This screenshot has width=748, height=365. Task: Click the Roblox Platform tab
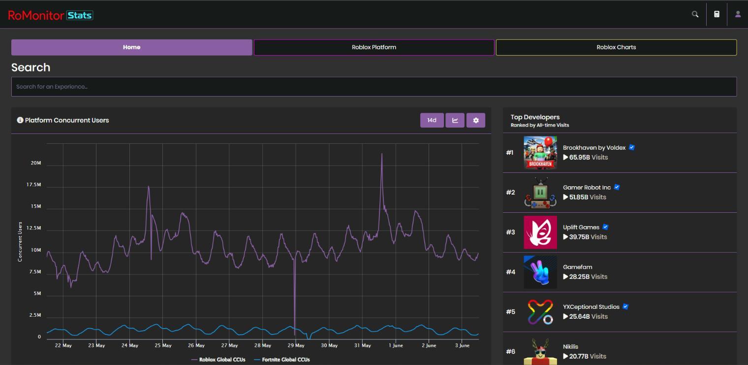click(374, 47)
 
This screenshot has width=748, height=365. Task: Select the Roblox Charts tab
click(616, 47)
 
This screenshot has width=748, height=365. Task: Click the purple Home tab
click(131, 47)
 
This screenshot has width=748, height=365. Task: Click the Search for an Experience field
click(374, 87)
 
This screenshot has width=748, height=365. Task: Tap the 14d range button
click(432, 120)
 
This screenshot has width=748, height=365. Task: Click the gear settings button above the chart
click(476, 120)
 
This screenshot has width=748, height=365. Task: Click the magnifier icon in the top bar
click(695, 14)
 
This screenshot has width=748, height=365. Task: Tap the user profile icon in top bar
click(738, 14)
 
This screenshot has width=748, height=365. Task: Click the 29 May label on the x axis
click(296, 345)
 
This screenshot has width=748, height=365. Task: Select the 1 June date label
click(396, 345)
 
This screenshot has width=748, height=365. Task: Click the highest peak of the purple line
click(381, 154)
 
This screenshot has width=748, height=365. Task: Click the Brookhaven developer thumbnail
click(540, 153)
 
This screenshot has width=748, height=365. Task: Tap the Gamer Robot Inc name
click(587, 187)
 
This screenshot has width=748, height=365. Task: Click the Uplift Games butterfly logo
click(540, 232)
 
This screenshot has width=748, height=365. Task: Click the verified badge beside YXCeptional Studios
click(625, 306)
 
